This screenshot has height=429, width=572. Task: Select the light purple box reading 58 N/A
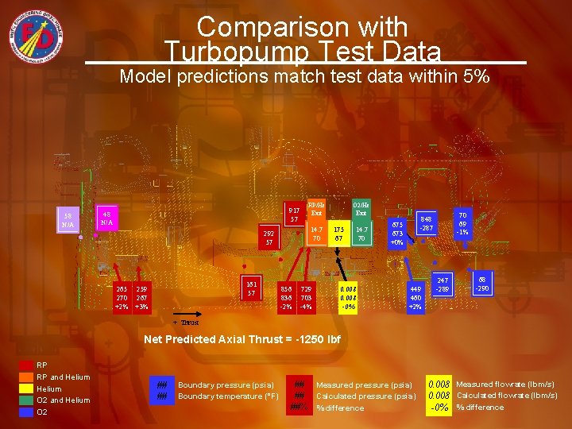68,220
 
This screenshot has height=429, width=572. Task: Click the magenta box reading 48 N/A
106,218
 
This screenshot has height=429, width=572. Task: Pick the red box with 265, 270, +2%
122,296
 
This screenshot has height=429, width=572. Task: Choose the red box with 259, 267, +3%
141,296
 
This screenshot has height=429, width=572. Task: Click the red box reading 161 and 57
251,288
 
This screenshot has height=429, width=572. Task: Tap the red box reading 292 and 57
269,238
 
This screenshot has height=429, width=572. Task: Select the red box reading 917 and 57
294,214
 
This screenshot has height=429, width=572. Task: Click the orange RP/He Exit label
316,208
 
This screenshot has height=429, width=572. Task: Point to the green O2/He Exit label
361,208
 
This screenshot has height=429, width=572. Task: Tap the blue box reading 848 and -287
427,223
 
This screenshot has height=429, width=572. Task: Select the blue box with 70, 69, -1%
462,222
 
